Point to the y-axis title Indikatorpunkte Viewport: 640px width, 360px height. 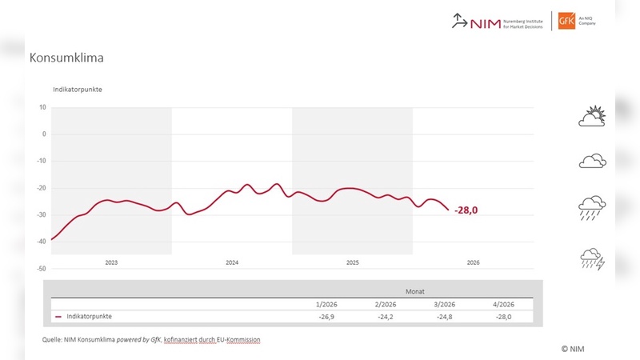(77, 89)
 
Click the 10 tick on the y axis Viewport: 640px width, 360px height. (42, 107)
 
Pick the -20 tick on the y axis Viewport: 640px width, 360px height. (42, 188)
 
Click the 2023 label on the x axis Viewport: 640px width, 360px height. (111, 262)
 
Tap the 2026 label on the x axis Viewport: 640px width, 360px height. (473, 262)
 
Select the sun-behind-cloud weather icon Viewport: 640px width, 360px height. (592, 117)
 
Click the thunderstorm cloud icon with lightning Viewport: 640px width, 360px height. (592, 259)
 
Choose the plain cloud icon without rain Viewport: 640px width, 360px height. (592, 162)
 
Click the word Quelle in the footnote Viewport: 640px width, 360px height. (54, 339)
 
